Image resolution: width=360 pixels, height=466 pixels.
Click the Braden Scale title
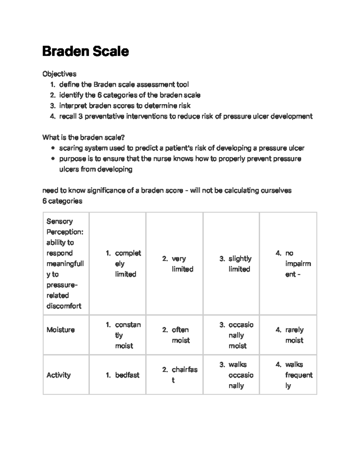(x=85, y=51)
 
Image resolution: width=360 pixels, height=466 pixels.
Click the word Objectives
(x=59, y=74)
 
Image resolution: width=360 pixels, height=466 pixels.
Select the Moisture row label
(x=61, y=330)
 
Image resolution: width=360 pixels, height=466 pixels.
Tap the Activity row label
(x=58, y=375)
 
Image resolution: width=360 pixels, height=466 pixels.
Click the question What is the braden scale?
(x=83, y=138)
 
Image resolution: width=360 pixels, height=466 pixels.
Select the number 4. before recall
(x=53, y=116)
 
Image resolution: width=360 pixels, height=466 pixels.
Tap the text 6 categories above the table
(x=62, y=201)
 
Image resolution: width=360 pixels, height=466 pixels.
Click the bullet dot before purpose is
(x=53, y=159)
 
